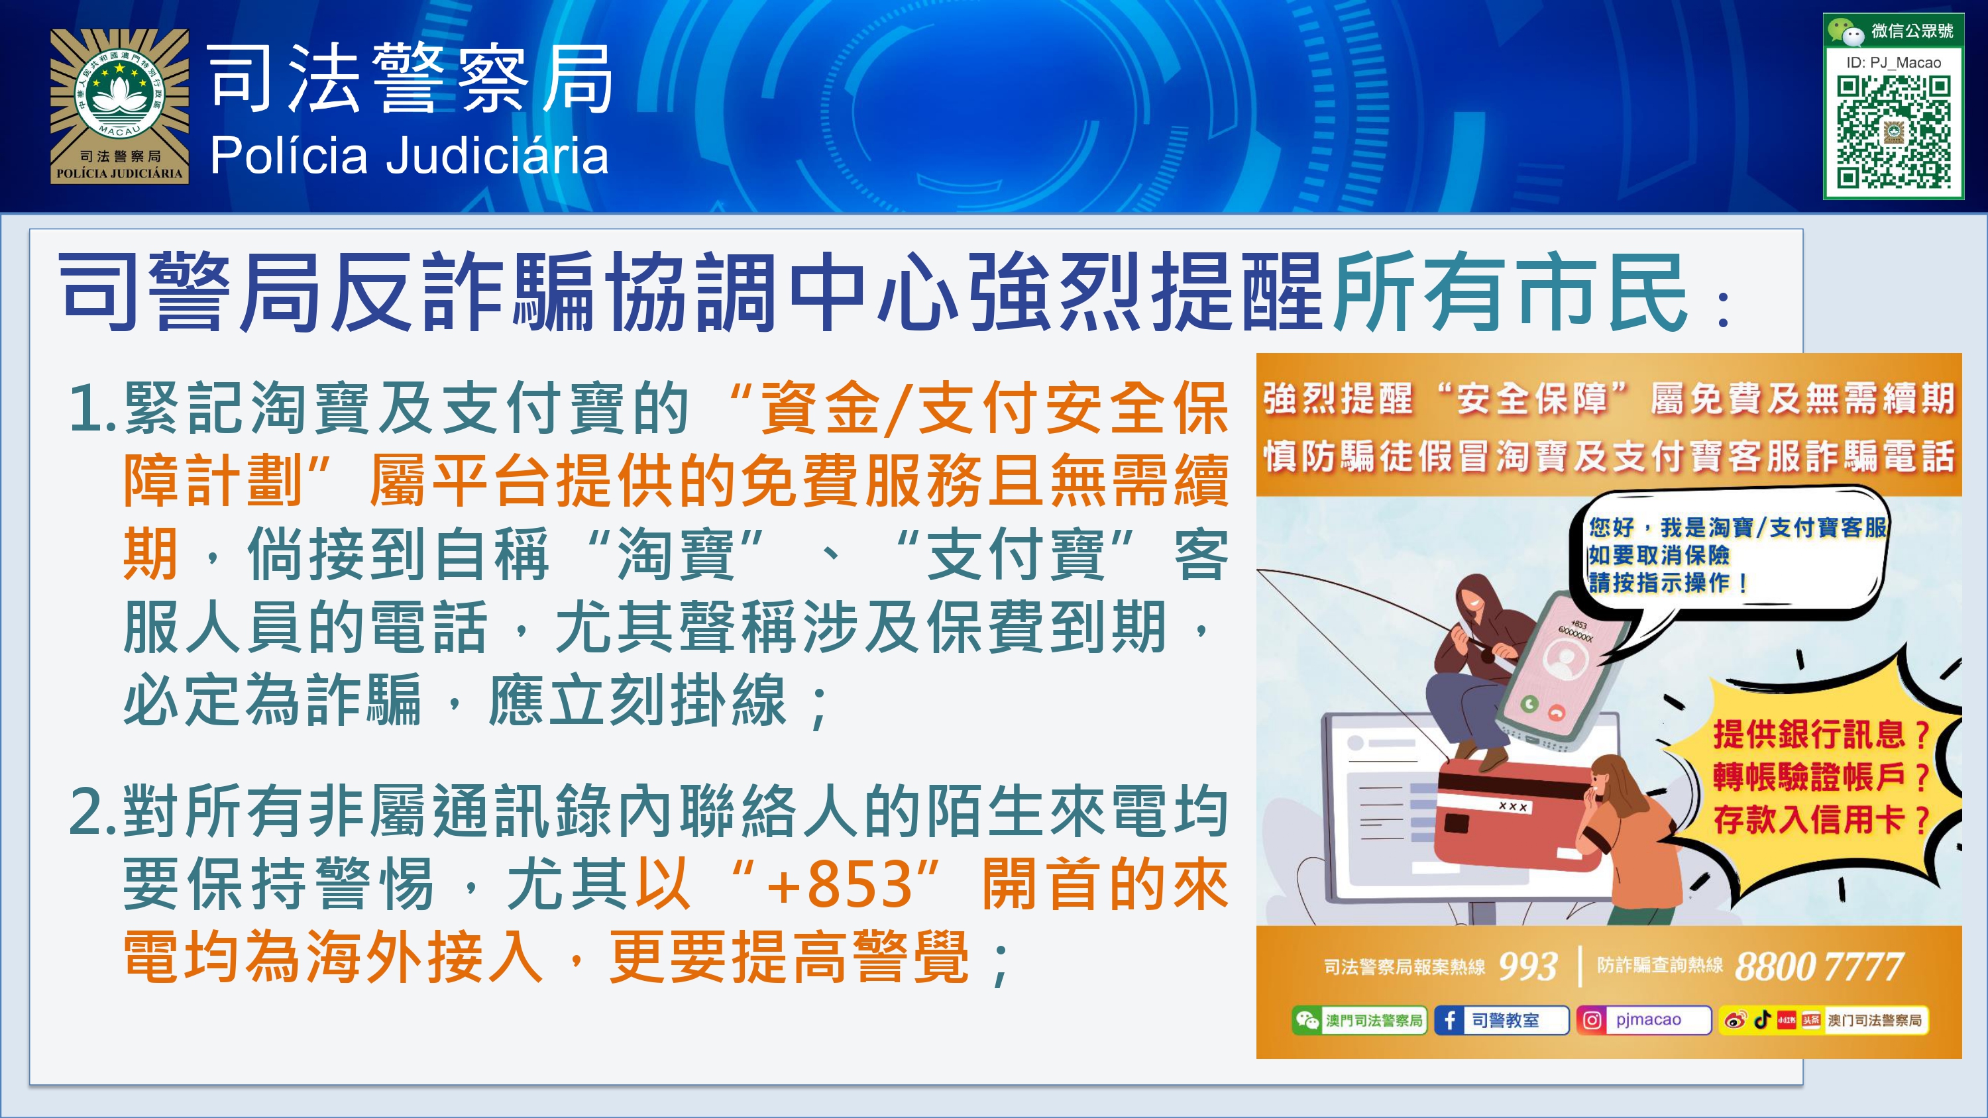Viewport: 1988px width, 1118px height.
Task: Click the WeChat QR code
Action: tap(1894, 131)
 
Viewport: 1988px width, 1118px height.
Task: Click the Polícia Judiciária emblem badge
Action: tap(120, 107)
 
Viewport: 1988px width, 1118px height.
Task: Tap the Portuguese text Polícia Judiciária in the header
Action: tap(409, 155)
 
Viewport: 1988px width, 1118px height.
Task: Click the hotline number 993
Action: tap(1527, 966)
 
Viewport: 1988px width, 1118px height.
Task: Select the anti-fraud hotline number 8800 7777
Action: tap(1819, 967)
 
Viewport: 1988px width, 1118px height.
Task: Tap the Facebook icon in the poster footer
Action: tap(1450, 1020)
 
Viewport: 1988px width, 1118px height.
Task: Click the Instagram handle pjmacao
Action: tap(1649, 1020)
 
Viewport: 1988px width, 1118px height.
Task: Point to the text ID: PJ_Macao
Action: tap(1894, 62)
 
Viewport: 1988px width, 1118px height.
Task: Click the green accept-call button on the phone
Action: tap(1529, 703)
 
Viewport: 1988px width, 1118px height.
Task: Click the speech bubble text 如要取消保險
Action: tap(1659, 555)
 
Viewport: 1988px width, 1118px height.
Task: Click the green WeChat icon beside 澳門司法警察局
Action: tap(1307, 1020)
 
